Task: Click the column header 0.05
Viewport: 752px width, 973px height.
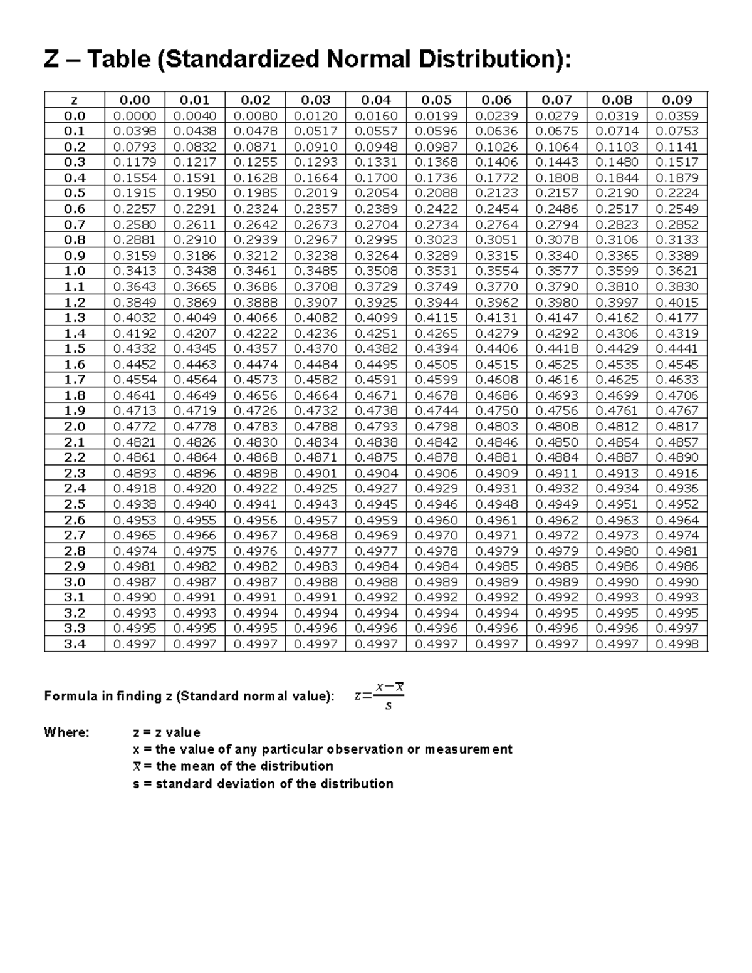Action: tap(436, 100)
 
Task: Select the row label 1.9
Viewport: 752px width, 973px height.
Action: tap(74, 411)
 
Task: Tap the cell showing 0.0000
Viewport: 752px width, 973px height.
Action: tap(135, 115)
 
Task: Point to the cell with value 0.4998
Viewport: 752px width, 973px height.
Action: tap(677, 644)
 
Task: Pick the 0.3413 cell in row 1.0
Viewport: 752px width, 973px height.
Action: tap(135, 271)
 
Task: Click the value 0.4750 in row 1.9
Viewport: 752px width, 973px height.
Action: tap(496, 411)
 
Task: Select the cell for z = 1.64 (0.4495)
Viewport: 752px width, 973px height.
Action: tap(376, 364)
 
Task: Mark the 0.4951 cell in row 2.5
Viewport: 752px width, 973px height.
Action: tap(617, 504)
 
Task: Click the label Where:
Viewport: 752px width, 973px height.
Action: tap(66, 732)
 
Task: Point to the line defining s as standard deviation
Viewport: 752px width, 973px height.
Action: tap(263, 784)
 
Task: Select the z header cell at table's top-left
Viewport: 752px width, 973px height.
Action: tap(74, 100)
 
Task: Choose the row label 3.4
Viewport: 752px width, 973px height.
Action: tap(74, 644)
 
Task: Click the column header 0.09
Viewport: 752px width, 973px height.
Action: tap(677, 100)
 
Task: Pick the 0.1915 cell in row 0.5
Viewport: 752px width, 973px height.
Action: tap(135, 193)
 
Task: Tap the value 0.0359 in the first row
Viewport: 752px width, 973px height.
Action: tap(677, 115)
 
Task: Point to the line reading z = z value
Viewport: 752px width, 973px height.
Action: tap(167, 732)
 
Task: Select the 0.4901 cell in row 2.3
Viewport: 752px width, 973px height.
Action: tap(315, 473)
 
